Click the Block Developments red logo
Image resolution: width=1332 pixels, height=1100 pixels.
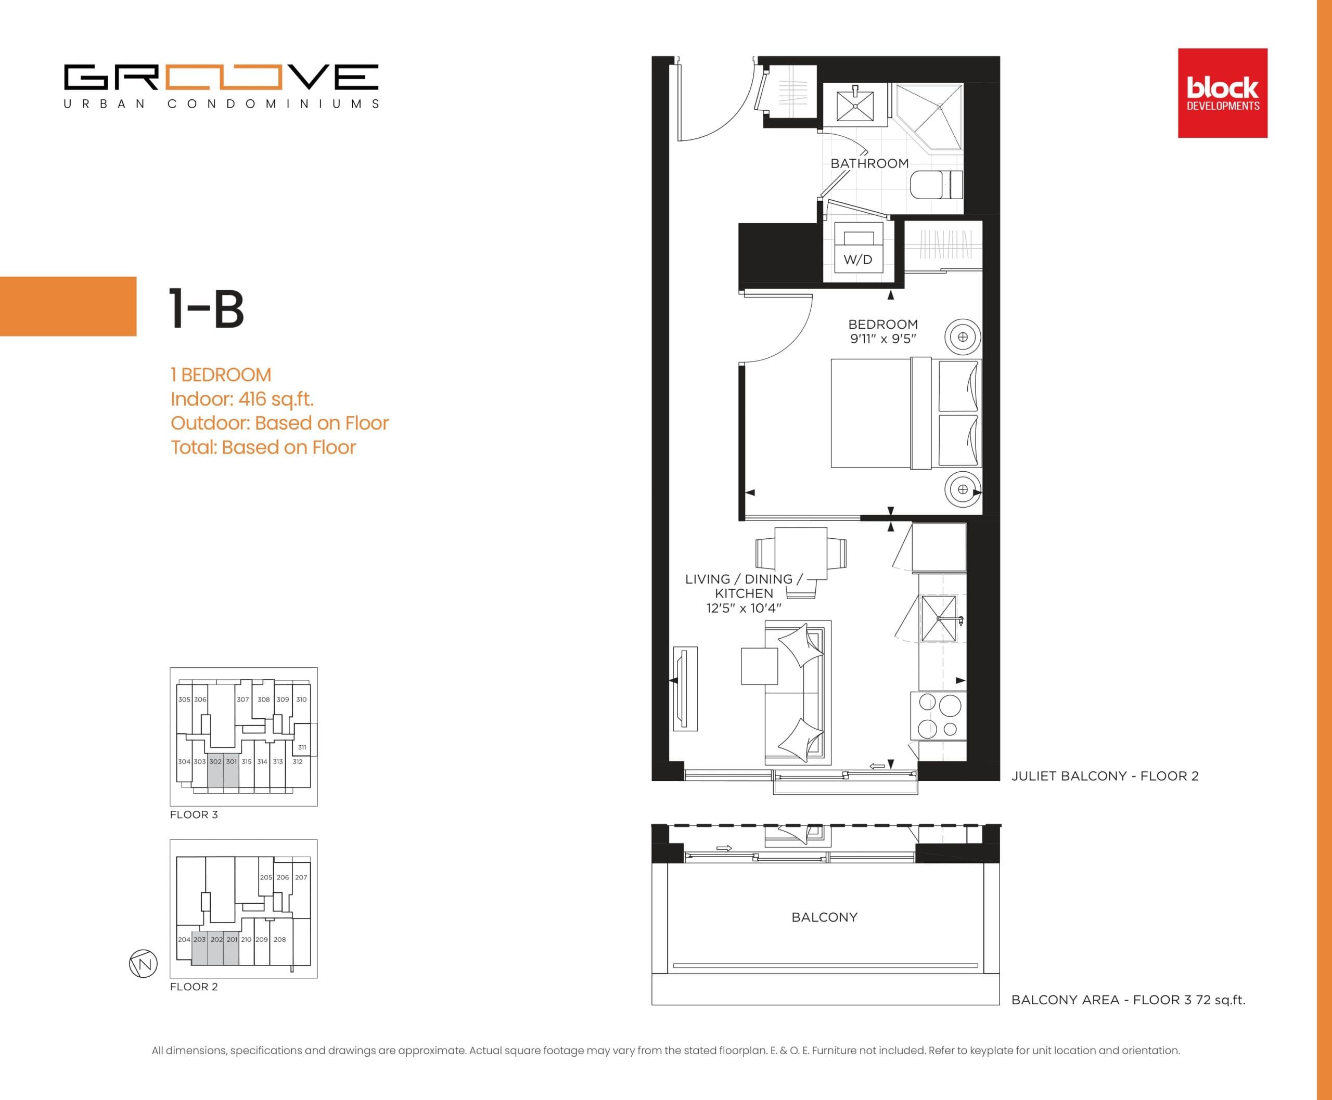coord(1222,93)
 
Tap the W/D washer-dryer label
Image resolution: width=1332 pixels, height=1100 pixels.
coord(858,259)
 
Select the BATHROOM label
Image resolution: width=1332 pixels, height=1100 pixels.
coord(869,163)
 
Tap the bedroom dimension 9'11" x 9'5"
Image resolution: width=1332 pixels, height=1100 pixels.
coord(882,339)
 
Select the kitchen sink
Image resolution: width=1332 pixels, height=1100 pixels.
coord(938,618)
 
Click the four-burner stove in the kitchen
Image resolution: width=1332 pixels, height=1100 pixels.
coord(938,716)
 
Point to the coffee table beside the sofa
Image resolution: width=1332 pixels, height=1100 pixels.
coord(760,666)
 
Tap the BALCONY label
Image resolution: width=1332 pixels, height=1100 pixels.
coord(824,917)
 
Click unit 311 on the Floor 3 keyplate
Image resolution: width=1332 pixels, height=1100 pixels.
coord(302,747)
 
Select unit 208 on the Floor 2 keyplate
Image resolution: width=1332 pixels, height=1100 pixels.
coord(279,939)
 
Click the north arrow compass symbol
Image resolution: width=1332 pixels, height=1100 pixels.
coord(143,964)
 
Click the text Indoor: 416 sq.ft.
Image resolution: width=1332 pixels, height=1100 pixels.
coord(242,399)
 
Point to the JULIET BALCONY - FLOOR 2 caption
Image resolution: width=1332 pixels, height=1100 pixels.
coord(1105,776)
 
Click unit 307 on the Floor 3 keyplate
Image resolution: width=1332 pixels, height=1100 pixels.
coord(243,700)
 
